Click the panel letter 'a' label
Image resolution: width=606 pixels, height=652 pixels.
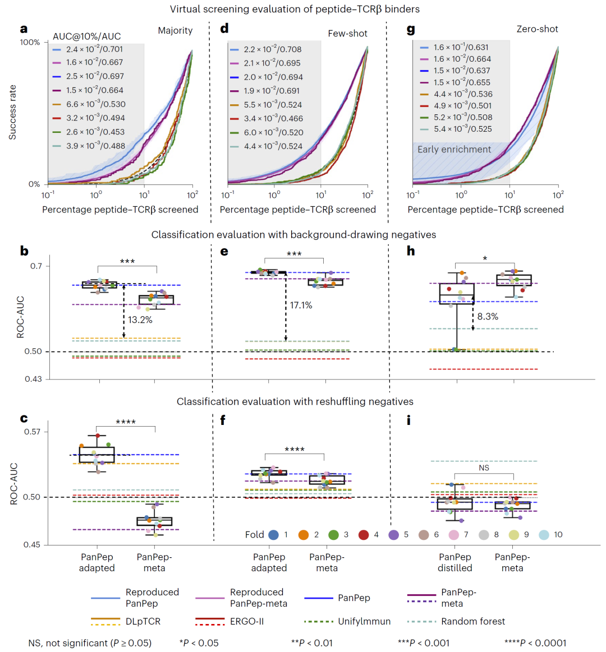point(24,29)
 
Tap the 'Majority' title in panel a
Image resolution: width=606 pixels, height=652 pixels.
point(175,31)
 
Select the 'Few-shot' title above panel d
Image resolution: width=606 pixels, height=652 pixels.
point(347,34)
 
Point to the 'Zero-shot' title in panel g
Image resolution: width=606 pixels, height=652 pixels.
point(538,29)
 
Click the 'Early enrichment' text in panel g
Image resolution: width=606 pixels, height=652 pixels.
point(454,149)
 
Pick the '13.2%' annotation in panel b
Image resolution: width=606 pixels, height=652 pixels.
point(140,320)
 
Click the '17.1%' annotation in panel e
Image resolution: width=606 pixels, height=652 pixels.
point(301,305)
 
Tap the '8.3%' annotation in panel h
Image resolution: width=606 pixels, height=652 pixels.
point(488,316)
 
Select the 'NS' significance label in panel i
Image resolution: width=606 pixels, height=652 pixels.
point(484,468)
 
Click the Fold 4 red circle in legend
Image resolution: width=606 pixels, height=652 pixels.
point(364,535)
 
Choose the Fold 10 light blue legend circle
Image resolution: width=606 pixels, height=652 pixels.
point(544,535)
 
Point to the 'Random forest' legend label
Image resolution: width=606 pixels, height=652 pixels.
point(473,622)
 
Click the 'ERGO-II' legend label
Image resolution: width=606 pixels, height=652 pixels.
point(247,622)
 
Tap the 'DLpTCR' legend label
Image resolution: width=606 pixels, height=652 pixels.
point(143,622)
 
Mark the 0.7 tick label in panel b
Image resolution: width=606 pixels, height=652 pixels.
point(36,266)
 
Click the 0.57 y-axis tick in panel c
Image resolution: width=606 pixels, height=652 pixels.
point(33,432)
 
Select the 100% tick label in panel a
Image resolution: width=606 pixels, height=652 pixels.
point(30,43)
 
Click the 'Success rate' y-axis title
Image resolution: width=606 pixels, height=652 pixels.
point(12,112)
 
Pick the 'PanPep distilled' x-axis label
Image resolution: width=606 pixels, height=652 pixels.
point(455,563)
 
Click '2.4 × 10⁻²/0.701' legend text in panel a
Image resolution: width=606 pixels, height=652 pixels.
point(94,49)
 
